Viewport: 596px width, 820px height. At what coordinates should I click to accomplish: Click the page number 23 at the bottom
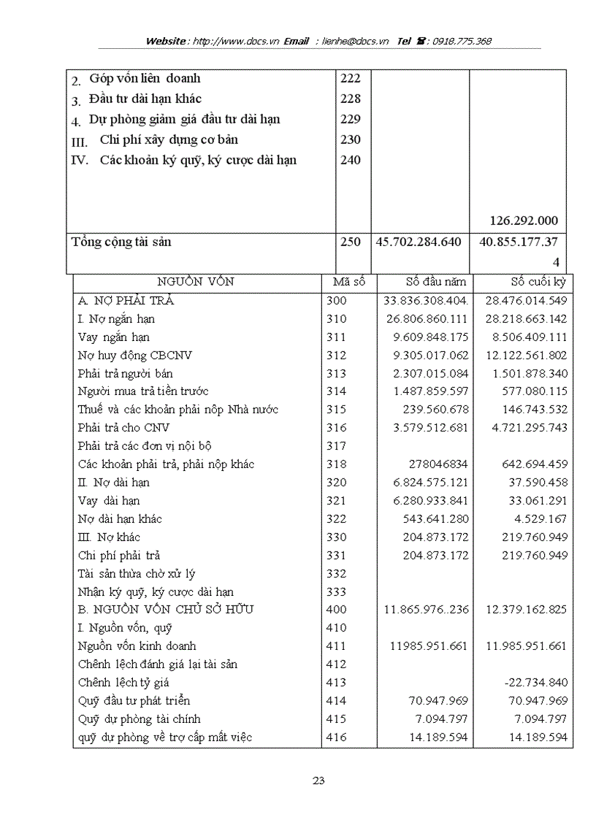318,781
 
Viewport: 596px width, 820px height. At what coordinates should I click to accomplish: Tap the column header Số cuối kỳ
538,282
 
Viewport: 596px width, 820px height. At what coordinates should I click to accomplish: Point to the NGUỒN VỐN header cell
196,282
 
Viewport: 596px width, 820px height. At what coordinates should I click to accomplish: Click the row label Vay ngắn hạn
113,337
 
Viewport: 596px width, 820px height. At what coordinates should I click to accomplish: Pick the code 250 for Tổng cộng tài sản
351,242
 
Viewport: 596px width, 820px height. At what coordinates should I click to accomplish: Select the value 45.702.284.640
419,242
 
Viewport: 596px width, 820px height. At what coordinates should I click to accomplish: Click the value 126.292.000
524,221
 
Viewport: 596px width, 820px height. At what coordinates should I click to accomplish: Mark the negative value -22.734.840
535,683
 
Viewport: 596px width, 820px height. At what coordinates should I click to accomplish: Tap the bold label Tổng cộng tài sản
121,242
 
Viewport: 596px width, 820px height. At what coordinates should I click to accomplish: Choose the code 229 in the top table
351,119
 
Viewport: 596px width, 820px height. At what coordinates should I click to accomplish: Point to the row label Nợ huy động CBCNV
135,355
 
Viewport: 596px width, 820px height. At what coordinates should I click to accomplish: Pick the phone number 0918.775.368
462,42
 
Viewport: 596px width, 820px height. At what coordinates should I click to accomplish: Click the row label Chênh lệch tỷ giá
123,683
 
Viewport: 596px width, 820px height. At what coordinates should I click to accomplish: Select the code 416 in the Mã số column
337,737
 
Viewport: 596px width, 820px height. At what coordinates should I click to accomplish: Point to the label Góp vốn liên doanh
145,78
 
